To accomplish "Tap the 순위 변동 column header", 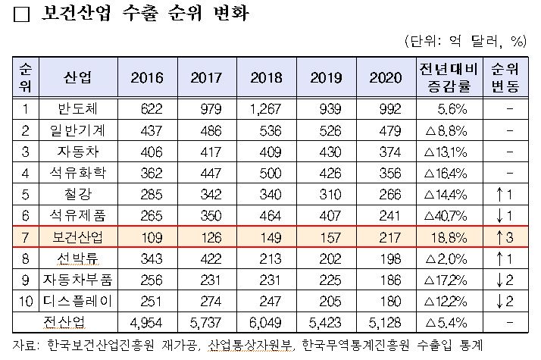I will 505,77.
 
